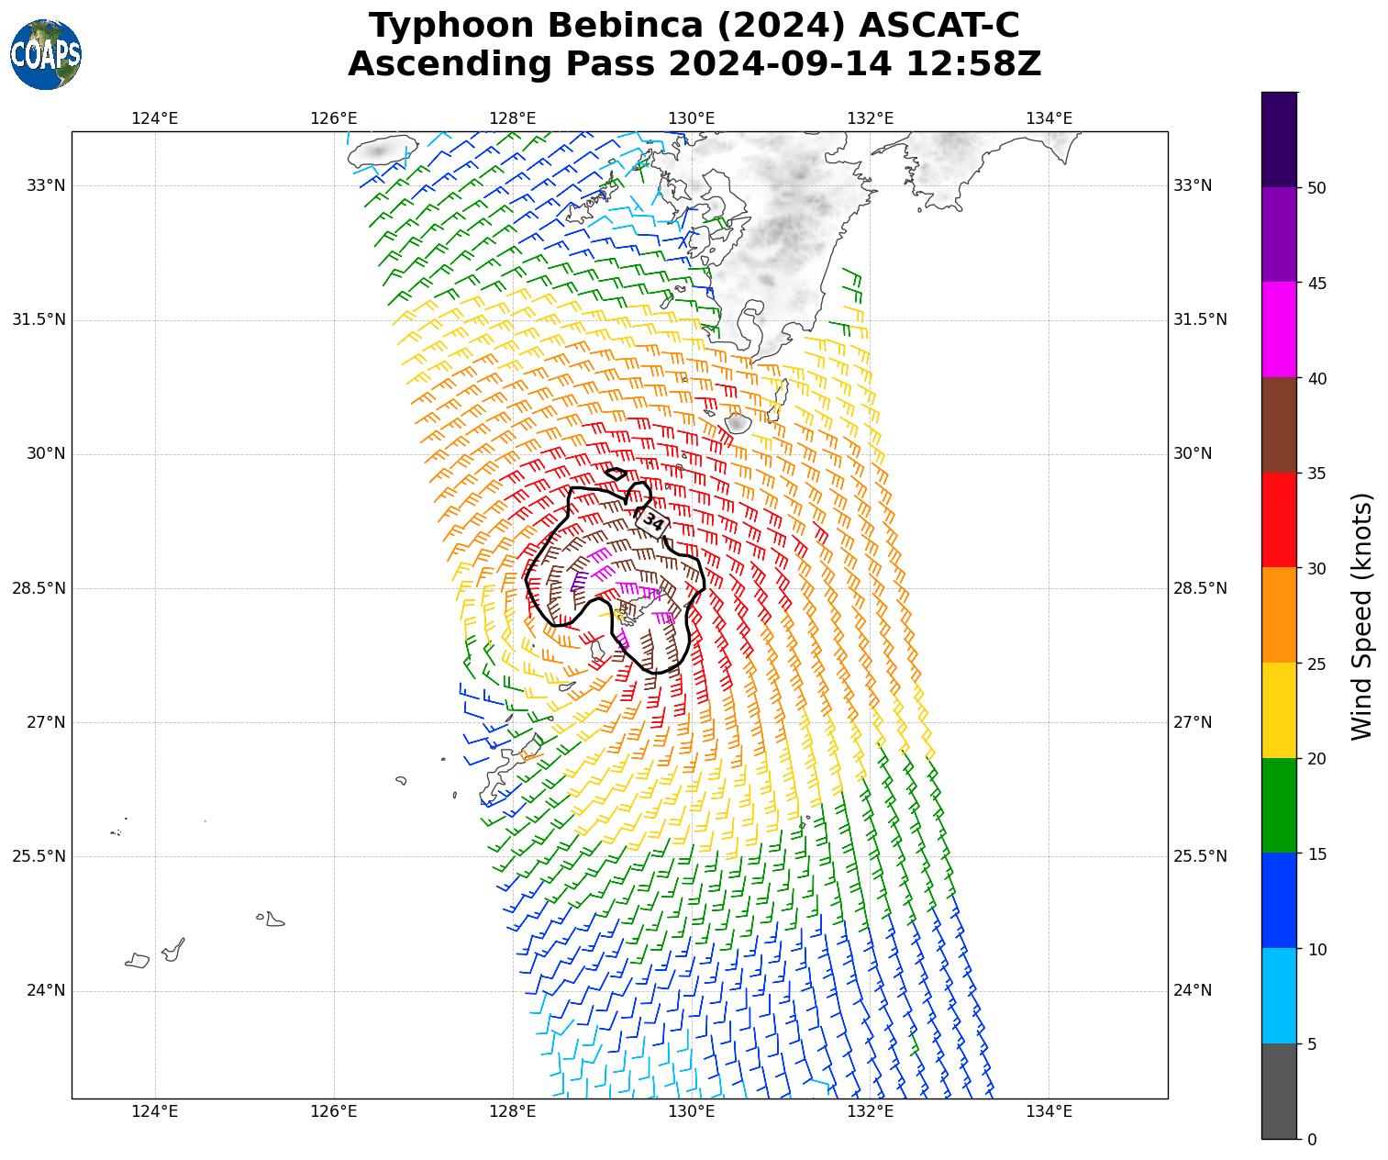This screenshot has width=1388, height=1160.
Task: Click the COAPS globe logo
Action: click(46, 54)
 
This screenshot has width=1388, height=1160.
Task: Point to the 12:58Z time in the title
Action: click(973, 64)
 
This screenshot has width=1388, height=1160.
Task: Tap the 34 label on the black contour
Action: click(653, 522)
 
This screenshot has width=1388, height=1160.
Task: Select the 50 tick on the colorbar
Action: click(1316, 188)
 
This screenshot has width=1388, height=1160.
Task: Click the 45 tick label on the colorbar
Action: click(1317, 284)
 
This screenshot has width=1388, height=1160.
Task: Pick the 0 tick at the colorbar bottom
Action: click(1312, 1139)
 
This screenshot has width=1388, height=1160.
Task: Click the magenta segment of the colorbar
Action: click(1280, 329)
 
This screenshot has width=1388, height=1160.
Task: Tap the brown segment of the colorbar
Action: click(1280, 425)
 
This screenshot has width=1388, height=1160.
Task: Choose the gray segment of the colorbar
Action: click(1280, 1091)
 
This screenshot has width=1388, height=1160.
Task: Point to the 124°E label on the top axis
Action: click(154, 117)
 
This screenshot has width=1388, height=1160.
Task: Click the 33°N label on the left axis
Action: click(46, 185)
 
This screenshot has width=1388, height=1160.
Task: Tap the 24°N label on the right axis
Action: click(1193, 990)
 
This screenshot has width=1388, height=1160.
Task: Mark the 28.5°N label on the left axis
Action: click(39, 588)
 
